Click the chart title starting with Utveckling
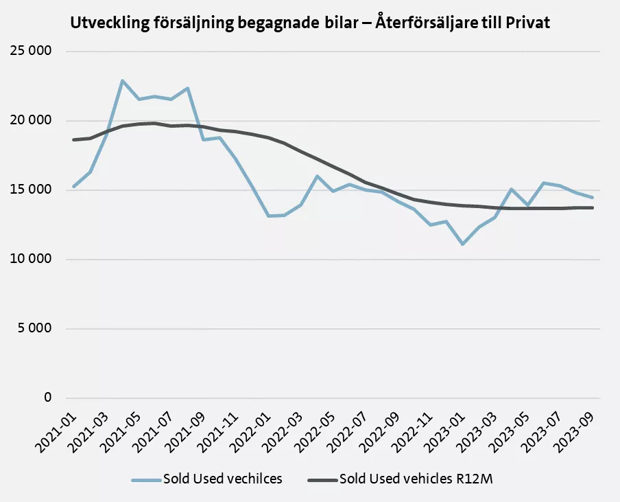[x=310, y=23]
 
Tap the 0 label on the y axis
[x=48, y=398]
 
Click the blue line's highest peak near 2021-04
[x=122, y=81]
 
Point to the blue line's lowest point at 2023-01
[x=463, y=244]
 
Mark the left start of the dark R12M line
[x=73, y=139]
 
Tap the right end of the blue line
[x=593, y=198]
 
